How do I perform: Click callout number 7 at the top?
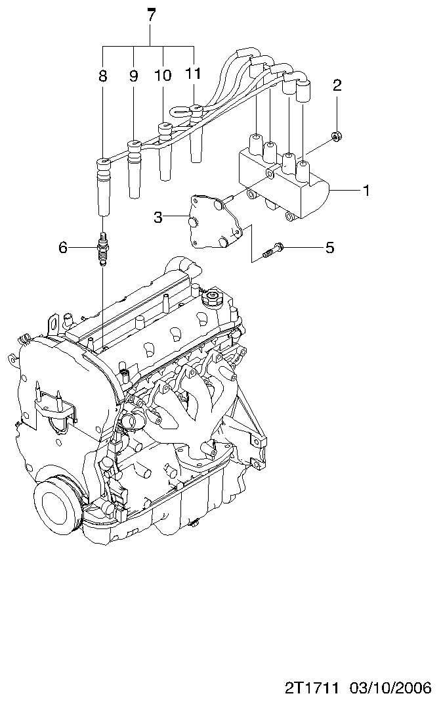pyautogui.click(x=152, y=14)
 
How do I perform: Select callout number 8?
pyautogui.click(x=102, y=76)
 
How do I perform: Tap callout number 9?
pyautogui.click(x=134, y=76)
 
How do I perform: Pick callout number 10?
pyautogui.click(x=163, y=76)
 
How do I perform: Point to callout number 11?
pyautogui.click(x=193, y=74)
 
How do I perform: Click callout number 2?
pyautogui.click(x=337, y=85)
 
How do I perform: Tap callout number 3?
pyautogui.click(x=158, y=218)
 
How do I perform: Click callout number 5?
pyautogui.click(x=329, y=247)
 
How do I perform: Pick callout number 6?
pyautogui.click(x=63, y=247)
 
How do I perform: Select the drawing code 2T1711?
pyautogui.click(x=311, y=688)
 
